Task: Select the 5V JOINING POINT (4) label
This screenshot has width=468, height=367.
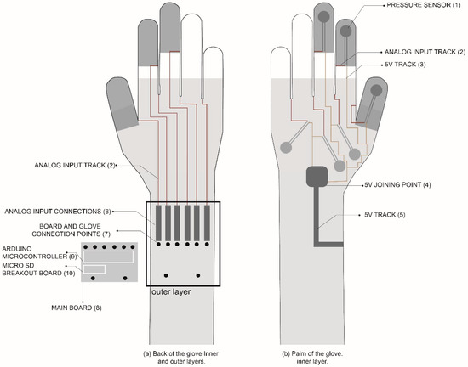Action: coord(397,184)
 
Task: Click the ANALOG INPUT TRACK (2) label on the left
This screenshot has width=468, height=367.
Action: coord(72,165)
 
